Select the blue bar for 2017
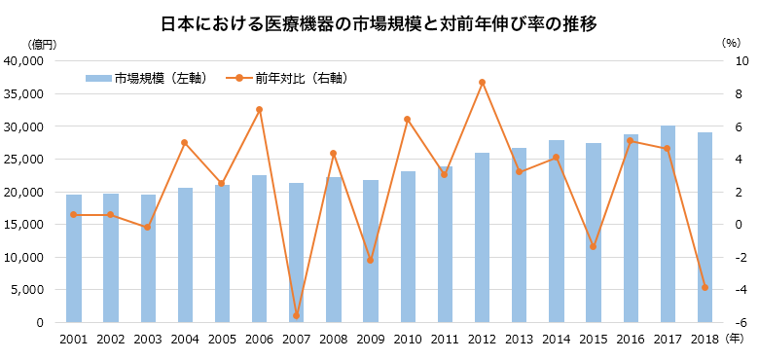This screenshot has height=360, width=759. pyautogui.click(x=668, y=224)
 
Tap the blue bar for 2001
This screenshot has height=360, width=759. pyautogui.click(x=73, y=258)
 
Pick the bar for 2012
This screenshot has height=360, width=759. pyautogui.click(x=482, y=237)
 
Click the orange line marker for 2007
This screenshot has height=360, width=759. pyautogui.click(x=296, y=315)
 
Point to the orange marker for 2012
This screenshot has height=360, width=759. pyautogui.click(x=482, y=82)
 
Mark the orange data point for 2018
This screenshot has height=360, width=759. pyautogui.click(x=705, y=287)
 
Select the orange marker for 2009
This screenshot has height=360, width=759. pyautogui.click(x=371, y=260)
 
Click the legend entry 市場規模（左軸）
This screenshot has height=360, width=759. pyautogui.click(x=146, y=78)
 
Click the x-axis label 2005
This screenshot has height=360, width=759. pyautogui.click(x=222, y=339)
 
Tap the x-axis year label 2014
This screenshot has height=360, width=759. pyautogui.click(x=557, y=339)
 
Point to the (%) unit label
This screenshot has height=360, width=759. pyautogui.click(x=732, y=44)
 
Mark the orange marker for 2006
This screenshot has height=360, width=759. pyautogui.click(x=259, y=109)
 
